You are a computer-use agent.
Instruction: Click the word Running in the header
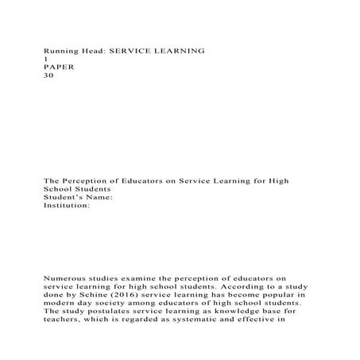point(59,50)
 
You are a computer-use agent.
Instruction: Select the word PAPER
point(58,67)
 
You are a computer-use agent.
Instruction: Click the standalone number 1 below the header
point(45,59)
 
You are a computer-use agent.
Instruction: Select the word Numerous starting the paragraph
point(65,279)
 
